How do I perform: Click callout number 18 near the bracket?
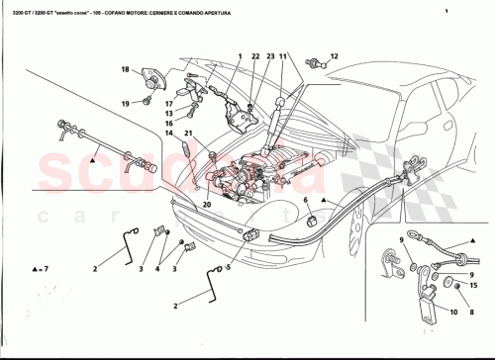126,69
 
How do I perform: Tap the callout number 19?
126,103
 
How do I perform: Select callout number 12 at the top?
334,56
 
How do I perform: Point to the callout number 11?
282,57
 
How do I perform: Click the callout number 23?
268,57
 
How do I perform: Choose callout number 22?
254,57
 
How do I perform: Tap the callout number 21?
188,133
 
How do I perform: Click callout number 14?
169,133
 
